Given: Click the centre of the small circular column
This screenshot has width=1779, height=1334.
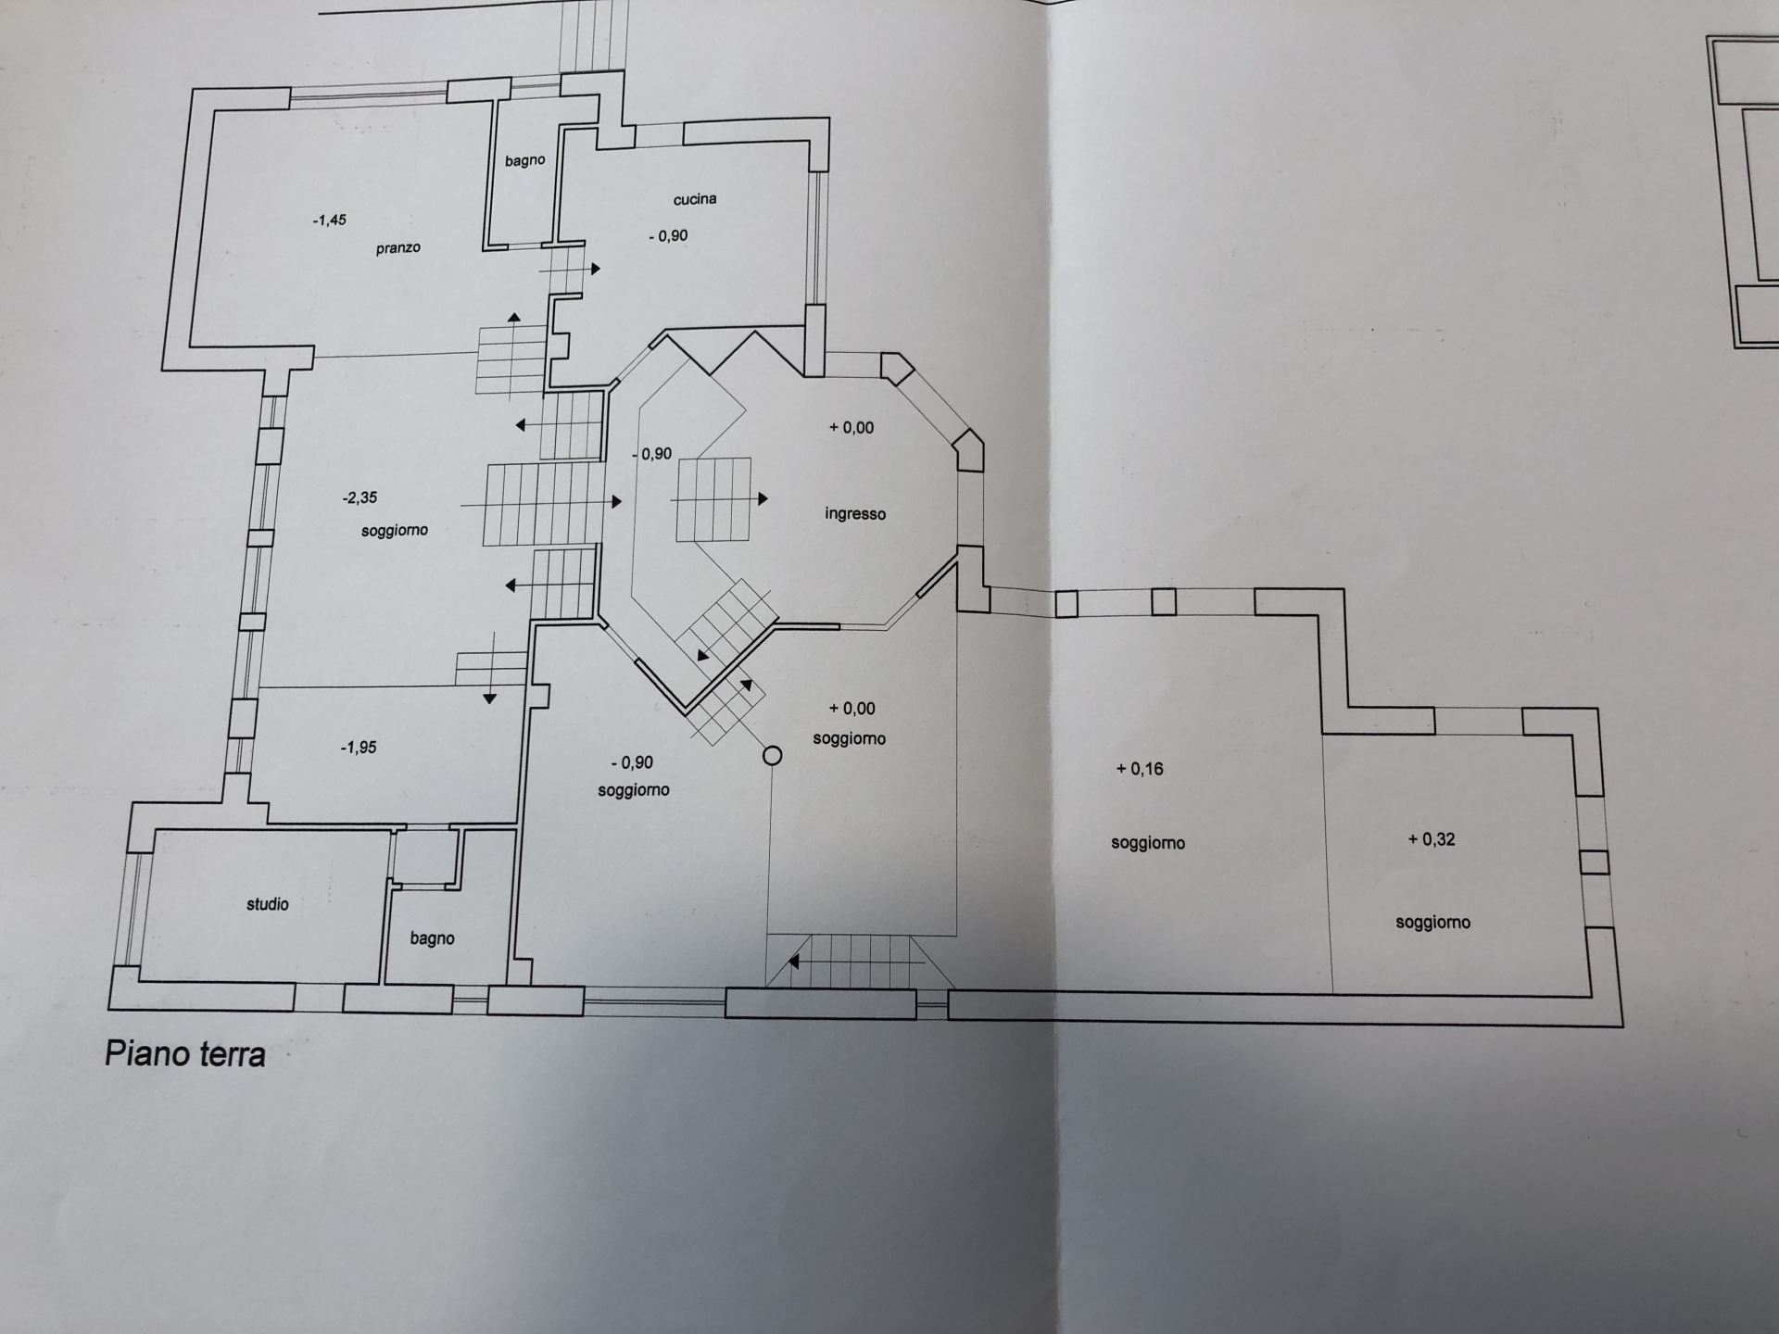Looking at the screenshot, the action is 772,756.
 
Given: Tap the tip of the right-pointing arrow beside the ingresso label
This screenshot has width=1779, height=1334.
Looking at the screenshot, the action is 769,499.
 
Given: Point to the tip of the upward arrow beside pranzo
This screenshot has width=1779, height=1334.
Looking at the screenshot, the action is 514,314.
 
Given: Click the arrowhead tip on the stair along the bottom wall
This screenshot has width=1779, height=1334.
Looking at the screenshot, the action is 789,963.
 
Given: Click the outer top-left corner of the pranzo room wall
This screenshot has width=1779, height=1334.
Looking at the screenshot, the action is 192,89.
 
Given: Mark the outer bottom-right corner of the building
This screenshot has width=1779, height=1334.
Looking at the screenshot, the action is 1623,1026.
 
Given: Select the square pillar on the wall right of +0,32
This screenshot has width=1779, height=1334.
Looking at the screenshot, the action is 1594,862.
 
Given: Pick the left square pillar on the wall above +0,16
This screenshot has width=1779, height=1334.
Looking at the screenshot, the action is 1066,604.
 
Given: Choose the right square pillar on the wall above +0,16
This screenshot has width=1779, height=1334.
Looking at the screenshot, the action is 1164,602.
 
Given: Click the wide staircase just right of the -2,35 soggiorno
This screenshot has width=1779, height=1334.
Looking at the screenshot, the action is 544,503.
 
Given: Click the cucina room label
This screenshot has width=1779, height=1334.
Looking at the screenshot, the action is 695,199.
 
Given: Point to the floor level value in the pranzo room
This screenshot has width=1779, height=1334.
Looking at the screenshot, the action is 329,220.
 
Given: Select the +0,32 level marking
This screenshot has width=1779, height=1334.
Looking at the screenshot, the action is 1432,839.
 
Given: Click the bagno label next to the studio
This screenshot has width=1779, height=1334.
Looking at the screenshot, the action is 432,938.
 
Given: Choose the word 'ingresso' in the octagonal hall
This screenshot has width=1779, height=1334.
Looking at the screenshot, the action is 855,513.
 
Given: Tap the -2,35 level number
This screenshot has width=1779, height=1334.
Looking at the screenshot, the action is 360,497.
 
